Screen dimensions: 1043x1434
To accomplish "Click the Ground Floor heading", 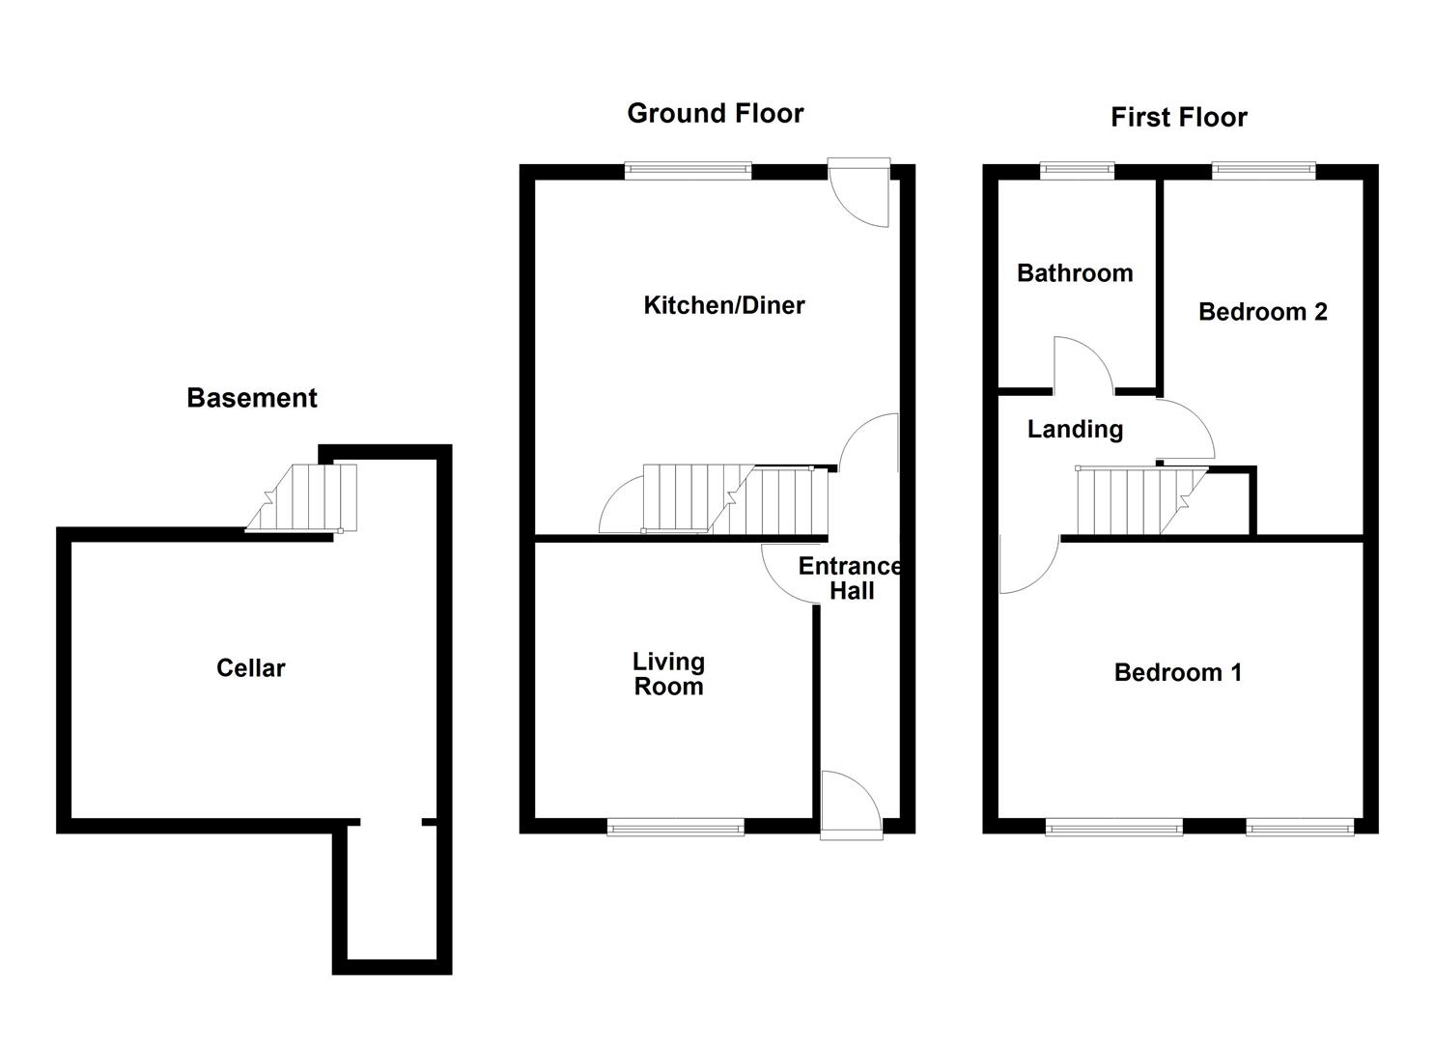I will tap(715, 113).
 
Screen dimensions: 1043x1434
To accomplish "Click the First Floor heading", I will tap(1178, 118).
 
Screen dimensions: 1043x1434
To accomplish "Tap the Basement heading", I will tap(251, 398).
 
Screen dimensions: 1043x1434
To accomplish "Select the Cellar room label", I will tap(250, 667).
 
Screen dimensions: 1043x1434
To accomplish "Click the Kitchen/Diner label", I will tap(723, 305).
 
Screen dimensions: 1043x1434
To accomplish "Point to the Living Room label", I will tap(668, 674).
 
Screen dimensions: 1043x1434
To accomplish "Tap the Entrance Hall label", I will tap(850, 578).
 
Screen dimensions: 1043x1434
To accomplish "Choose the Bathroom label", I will tap(1075, 273).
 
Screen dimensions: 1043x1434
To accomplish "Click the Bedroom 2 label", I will tap(1262, 312).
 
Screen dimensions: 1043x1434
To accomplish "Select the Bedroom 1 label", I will tap(1177, 672).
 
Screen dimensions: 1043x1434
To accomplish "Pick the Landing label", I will tap(1075, 429).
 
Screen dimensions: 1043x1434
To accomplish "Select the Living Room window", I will tap(676, 826).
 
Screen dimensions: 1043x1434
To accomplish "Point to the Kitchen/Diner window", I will tap(688, 171).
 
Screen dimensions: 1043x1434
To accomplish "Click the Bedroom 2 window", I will tap(1263, 171).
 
